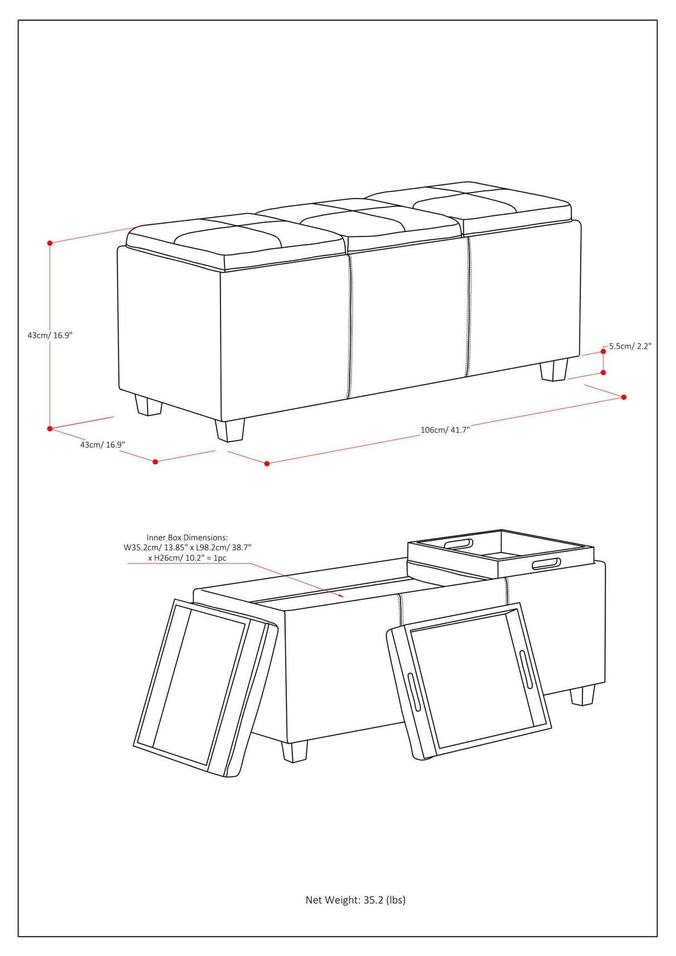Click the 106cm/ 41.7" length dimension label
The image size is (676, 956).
[x=445, y=430]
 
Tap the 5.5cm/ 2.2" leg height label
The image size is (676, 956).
[x=630, y=346]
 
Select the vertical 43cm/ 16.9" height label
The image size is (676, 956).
[x=50, y=336]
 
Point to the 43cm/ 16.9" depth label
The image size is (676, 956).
[x=102, y=445]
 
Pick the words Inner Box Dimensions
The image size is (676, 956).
[x=187, y=538]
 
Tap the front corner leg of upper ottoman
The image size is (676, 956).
[x=229, y=430]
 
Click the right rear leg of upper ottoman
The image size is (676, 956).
[x=554, y=369]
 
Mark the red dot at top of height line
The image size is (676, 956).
[x=50, y=243]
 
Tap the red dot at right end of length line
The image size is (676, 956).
[x=624, y=397]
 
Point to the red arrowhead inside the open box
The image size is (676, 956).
[x=341, y=596]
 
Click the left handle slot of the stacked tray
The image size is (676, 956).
[x=458, y=544]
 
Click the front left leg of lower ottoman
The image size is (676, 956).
[x=295, y=751]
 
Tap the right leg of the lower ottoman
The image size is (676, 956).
[x=582, y=695]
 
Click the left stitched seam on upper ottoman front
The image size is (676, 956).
[x=350, y=327]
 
